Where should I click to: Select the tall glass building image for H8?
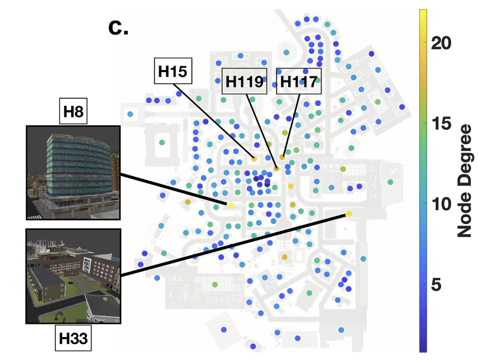coord(73,172)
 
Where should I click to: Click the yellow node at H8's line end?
coord(231,206)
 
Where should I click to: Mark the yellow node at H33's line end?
coord(349,214)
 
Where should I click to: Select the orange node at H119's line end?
coord(276,168)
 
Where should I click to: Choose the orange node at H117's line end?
coord(282,157)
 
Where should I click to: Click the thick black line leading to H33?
coord(235,244)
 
